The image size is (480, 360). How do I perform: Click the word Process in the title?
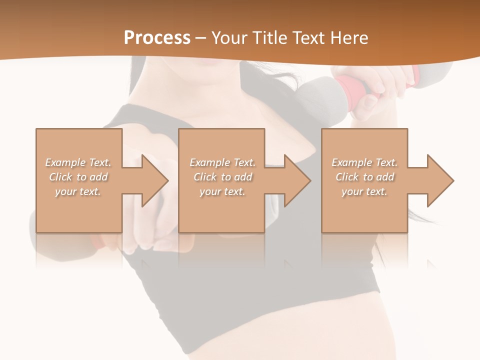click(157, 38)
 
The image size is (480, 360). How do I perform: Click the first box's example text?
click(78, 177)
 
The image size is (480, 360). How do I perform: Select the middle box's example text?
click(222, 177)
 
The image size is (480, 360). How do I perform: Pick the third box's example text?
click(364, 177)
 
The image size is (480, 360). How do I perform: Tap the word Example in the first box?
click(65, 162)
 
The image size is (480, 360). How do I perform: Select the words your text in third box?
click(364, 191)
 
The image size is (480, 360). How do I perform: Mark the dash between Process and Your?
click(200, 38)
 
